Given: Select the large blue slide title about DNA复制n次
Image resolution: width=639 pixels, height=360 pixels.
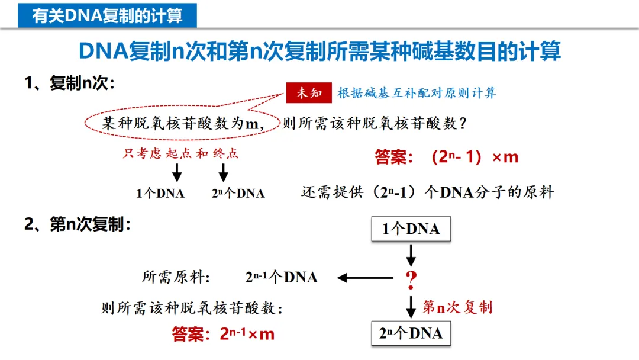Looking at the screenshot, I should pyautogui.click(x=319, y=52).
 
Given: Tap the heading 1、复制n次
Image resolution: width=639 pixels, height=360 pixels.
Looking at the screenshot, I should pyautogui.click(x=69, y=83).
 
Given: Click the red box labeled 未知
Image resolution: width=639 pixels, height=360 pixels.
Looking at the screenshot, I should pyautogui.click(x=308, y=92).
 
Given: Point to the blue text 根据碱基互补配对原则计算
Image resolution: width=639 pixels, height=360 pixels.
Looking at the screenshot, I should pyautogui.click(x=417, y=92).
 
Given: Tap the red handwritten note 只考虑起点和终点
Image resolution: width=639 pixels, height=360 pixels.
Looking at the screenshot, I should pyautogui.click(x=181, y=154).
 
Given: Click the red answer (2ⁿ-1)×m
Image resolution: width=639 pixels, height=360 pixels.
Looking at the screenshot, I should pyautogui.click(x=446, y=157).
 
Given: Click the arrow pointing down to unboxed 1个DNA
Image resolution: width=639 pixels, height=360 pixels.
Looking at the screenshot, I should pyautogui.click(x=176, y=172).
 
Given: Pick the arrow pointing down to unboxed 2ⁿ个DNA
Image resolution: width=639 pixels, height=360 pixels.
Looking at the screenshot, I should pyautogui.click(x=224, y=172).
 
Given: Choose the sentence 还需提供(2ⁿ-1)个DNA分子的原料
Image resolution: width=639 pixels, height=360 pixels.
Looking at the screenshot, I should pyautogui.click(x=428, y=192).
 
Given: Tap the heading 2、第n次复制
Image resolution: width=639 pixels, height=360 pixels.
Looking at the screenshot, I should pyautogui.click(x=77, y=225).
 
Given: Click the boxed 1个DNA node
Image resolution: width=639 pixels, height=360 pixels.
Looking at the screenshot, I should pyautogui.click(x=411, y=229).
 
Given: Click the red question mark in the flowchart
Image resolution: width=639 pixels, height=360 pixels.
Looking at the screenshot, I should pyautogui.click(x=411, y=278).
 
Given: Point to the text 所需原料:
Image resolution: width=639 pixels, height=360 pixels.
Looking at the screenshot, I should pyautogui.click(x=177, y=277).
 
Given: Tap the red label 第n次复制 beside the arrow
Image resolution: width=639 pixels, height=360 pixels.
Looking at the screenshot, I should pyautogui.click(x=457, y=307).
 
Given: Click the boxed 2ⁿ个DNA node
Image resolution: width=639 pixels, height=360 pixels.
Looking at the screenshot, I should pyautogui.click(x=411, y=333).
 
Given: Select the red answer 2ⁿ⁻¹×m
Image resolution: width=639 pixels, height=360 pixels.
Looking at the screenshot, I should pyautogui.click(x=224, y=335).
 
